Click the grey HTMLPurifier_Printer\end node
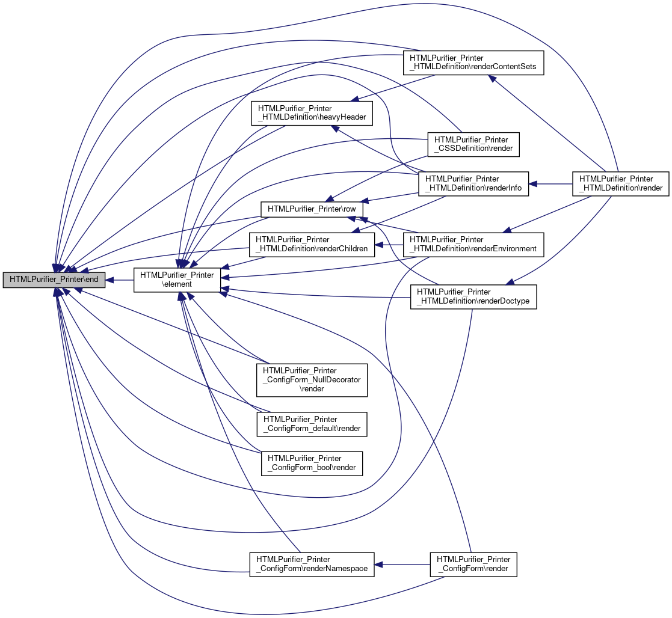[x=54, y=280]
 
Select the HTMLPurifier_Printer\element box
[x=177, y=280]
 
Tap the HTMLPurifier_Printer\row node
[x=312, y=209]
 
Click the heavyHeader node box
[x=312, y=113]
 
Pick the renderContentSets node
[x=473, y=63]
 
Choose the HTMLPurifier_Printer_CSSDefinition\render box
[x=473, y=144]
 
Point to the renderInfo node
[x=473, y=184]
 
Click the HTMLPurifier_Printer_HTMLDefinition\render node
[x=621, y=184]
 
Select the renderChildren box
[x=312, y=245]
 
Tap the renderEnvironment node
[x=473, y=245]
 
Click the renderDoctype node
[x=473, y=297]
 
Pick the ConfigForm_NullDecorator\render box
[x=312, y=380]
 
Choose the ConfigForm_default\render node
[x=312, y=424]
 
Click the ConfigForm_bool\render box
[x=312, y=463]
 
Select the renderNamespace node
[x=312, y=564]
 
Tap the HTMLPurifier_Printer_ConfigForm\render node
[x=473, y=564]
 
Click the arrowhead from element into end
[x=109, y=280]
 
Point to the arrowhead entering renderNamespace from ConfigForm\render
[x=378, y=564]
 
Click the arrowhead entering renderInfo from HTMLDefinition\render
[x=532, y=184]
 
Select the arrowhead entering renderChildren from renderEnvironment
[x=379, y=245]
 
